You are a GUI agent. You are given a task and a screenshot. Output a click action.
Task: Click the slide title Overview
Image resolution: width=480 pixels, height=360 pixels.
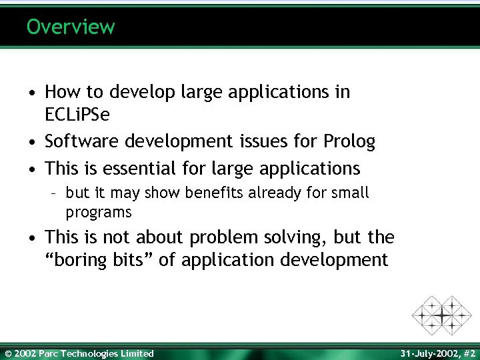click(x=71, y=27)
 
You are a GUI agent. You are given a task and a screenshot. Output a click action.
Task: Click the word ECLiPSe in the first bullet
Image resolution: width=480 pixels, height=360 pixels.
click(x=77, y=115)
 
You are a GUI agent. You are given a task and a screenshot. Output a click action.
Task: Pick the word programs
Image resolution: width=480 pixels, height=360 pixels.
click(x=99, y=213)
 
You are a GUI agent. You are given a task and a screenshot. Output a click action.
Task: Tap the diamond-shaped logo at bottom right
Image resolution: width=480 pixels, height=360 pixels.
click(x=441, y=314)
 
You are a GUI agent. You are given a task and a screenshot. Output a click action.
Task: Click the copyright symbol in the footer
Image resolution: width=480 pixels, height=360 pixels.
click(x=7, y=353)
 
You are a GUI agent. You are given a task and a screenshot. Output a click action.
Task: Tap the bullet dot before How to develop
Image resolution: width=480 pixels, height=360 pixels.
click(x=33, y=92)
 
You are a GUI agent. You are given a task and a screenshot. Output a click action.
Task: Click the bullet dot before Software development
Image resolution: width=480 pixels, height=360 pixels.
click(x=33, y=142)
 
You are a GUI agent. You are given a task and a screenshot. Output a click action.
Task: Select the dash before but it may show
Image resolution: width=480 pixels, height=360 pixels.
click(x=57, y=194)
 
